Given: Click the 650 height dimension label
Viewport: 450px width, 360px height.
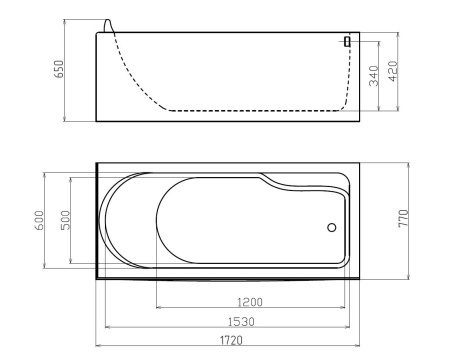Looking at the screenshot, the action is [x=59, y=69].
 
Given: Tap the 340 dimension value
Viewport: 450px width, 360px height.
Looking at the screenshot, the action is [x=374, y=76].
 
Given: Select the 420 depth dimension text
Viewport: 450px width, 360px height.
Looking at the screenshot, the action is [x=393, y=71].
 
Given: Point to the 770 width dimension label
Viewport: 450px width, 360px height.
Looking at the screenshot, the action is [x=404, y=218].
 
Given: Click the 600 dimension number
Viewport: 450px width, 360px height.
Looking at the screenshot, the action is [x=39, y=220].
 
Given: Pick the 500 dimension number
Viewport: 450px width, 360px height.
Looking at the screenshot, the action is [x=66, y=220].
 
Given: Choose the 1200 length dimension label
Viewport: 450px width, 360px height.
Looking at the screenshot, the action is [x=250, y=302].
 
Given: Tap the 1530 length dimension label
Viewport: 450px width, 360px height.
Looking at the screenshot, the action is [x=241, y=322].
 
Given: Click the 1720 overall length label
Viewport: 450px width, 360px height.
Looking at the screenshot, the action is [x=231, y=340].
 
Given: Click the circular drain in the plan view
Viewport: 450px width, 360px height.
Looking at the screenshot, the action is [x=332, y=227].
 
